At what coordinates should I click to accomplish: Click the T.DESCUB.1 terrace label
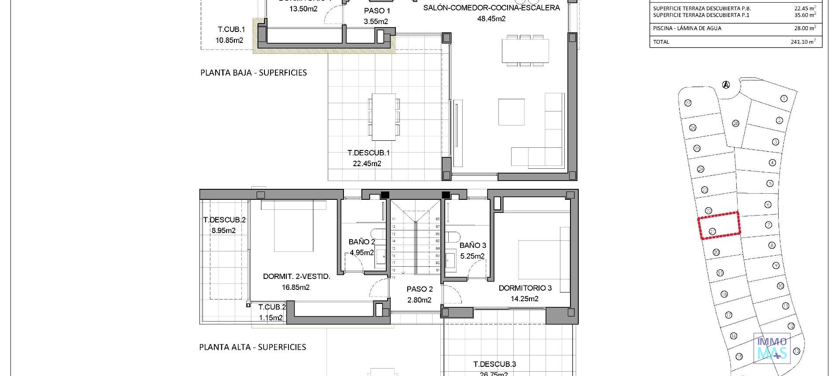368,153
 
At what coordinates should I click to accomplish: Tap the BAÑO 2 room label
362,242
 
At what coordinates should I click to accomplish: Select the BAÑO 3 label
473,245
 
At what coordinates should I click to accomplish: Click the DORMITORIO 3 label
525,288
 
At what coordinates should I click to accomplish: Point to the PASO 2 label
419,289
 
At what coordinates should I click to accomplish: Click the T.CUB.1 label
231,29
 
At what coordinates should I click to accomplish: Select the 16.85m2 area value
295,287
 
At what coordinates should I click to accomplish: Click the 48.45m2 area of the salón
491,19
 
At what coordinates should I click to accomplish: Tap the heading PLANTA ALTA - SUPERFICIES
252,347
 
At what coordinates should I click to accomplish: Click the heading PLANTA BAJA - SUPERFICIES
253,73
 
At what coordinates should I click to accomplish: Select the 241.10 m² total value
803,42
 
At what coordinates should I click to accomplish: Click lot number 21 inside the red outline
712,231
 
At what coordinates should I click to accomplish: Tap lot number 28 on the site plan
735,123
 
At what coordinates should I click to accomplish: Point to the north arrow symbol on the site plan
726,85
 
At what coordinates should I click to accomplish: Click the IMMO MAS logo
772,348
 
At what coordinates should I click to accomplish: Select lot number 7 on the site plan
769,225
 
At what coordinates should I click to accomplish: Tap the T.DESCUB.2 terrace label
224,220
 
